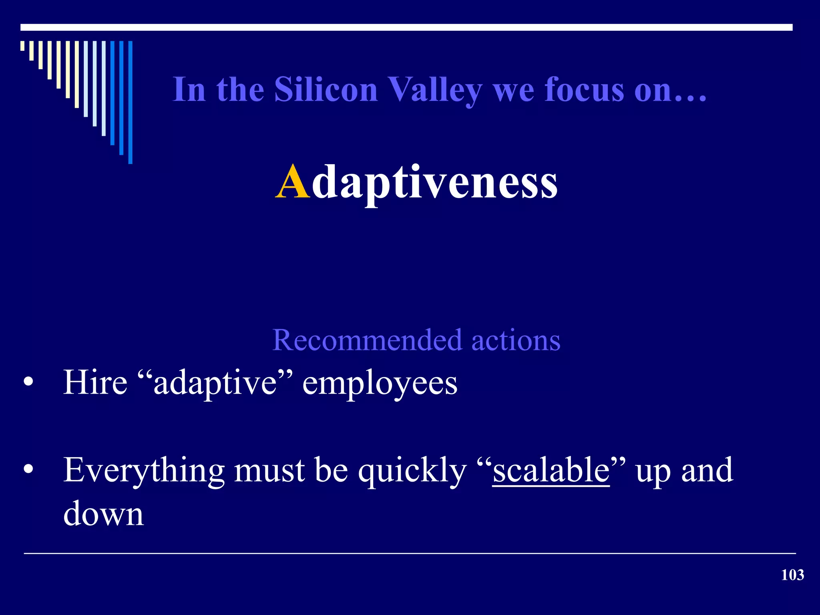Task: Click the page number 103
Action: (792, 575)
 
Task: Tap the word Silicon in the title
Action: (326, 90)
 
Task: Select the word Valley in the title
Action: (436, 90)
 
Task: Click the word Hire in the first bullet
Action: (95, 382)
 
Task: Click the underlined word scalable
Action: (551, 470)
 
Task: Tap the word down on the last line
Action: (103, 514)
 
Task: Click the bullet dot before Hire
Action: (28, 382)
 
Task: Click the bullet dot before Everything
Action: (28, 469)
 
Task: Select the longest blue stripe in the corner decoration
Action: (130, 102)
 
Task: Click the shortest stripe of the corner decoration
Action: (22, 46)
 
